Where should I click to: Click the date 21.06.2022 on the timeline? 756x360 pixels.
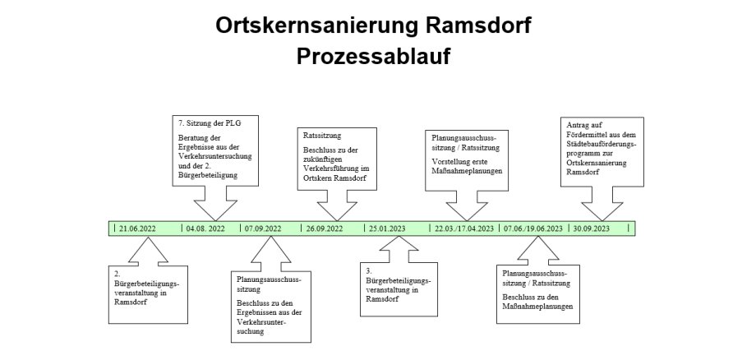pos(137,228)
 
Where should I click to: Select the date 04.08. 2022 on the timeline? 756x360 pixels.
pos(205,228)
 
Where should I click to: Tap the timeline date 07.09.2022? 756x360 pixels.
pos(263,228)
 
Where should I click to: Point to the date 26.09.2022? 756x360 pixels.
pos(325,228)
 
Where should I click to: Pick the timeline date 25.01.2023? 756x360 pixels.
pos(387,228)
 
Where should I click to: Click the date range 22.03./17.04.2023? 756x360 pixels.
pos(464,228)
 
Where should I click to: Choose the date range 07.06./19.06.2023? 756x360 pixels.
pos(533,228)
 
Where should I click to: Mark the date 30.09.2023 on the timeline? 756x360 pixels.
pos(591,228)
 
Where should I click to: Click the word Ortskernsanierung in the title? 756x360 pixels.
pos(316,25)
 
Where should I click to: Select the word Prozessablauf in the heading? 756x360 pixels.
pos(373,56)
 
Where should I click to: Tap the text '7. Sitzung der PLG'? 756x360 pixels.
pos(210,123)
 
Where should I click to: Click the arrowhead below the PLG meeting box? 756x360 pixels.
pos(215,210)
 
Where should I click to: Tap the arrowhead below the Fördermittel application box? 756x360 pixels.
pos(602,211)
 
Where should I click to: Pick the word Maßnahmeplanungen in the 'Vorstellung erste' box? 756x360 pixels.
pos(467,171)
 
